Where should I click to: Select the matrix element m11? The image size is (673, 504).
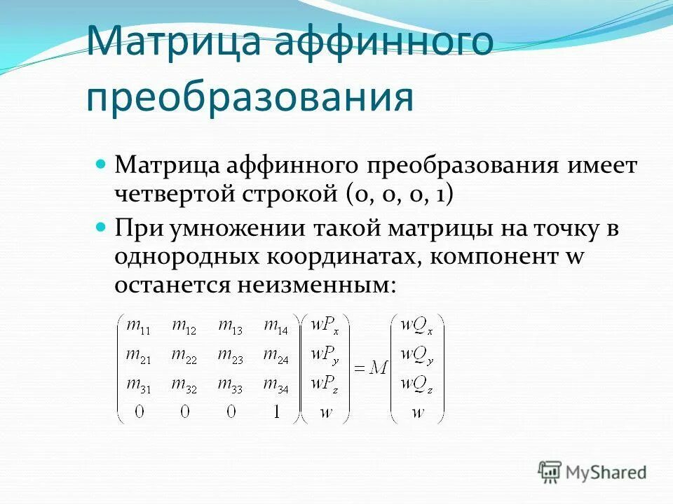(138, 326)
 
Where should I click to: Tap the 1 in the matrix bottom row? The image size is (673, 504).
(276, 412)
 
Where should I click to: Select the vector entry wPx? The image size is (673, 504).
(325, 326)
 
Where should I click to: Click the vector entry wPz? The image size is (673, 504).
(325, 384)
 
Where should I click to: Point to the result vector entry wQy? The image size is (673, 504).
(416, 355)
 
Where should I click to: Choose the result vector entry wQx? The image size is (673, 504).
(416, 326)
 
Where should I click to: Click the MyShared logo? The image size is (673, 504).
(592, 472)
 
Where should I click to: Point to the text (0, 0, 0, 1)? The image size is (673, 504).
(398, 194)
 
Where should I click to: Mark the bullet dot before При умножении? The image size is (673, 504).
(100, 227)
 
